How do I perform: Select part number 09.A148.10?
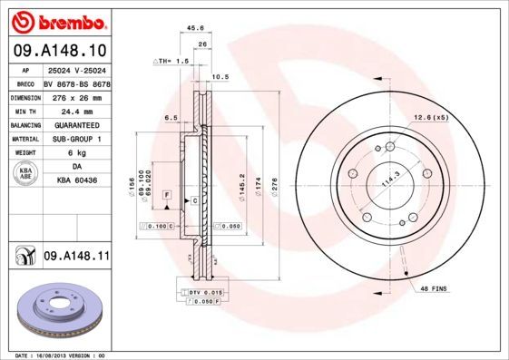click(58, 50)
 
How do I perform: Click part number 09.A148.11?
click(76, 258)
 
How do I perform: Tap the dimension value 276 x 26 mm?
click(75, 95)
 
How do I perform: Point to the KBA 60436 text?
click(75, 181)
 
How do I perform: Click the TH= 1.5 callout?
click(169, 61)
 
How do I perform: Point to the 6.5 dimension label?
click(170, 118)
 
